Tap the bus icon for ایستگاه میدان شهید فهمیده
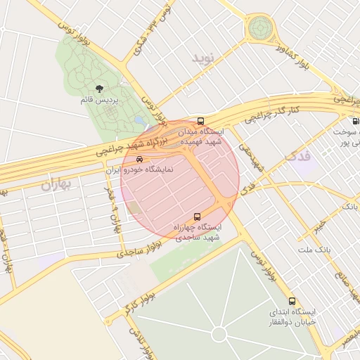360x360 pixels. (x=201, y=121)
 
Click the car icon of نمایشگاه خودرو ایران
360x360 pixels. (x=139, y=160)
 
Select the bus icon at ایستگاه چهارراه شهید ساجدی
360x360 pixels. (x=196, y=217)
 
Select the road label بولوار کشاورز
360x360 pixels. (x=295, y=59)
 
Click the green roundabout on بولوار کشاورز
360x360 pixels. (x=259, y=29)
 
